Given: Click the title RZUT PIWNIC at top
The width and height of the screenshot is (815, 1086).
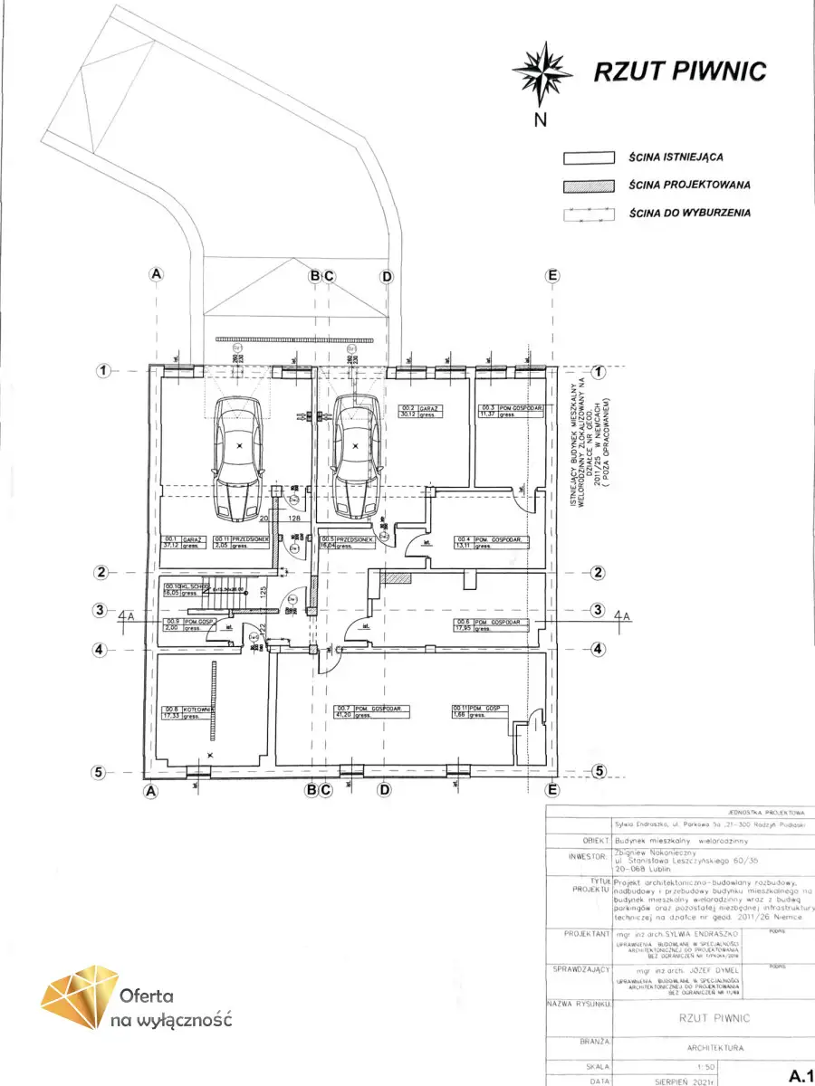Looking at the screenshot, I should [679, 72].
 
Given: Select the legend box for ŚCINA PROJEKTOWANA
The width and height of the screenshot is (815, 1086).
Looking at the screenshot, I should [589, 185].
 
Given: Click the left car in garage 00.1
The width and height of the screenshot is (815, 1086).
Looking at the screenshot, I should [239, 457].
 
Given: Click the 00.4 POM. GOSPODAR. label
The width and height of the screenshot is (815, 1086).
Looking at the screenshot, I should [491, 542].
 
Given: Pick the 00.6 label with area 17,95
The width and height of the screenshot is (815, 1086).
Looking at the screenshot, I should [491, 624].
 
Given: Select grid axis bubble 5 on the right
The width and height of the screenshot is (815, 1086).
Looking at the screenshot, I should [598, 771].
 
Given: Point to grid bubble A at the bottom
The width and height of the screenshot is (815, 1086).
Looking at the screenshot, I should [151, 790].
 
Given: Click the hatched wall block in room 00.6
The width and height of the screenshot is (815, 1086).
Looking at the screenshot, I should [397, 576].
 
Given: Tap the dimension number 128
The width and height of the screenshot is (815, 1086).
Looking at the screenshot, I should [293, 518].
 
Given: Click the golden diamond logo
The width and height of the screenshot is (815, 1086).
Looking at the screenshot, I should [80, 997].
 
